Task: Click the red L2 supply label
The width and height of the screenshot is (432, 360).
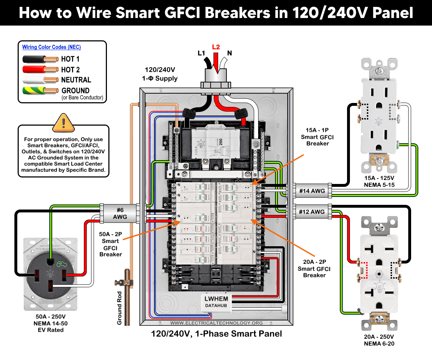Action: [x=216, y=47]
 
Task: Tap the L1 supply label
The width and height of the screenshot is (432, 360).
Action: [x=201, y=53]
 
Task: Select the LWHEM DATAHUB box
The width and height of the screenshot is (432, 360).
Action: [x=216, y=302]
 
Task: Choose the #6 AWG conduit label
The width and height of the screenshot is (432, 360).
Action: [x=120, y=213]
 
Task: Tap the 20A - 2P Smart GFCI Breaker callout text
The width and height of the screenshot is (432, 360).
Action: [x=314, y=269]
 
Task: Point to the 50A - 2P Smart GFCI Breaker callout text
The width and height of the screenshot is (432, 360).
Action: [x=111, y=244]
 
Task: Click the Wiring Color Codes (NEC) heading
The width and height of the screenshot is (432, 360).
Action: [x=51, y=47]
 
